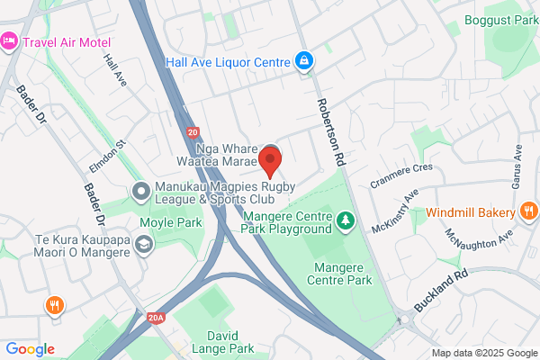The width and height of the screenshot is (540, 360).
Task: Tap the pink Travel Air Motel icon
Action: pos(10,40)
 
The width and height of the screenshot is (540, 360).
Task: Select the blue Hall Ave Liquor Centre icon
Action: pos(304,62)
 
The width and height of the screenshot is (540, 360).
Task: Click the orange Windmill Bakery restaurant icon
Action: pos(529,212)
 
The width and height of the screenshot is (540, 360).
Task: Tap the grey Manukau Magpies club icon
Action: pos(140,191)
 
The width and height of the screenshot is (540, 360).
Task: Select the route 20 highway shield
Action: pos(194,132)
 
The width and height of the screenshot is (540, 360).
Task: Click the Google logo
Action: pos(31,349)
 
